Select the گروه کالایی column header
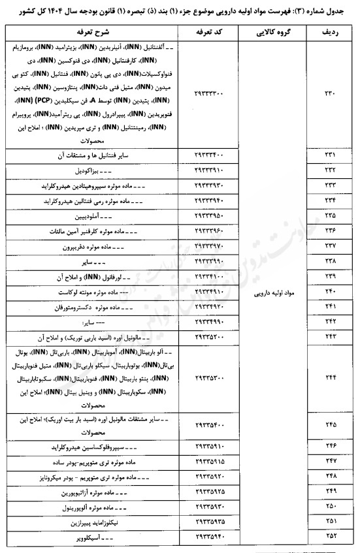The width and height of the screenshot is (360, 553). point(269,31)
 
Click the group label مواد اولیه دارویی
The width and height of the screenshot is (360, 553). point(269,294)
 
